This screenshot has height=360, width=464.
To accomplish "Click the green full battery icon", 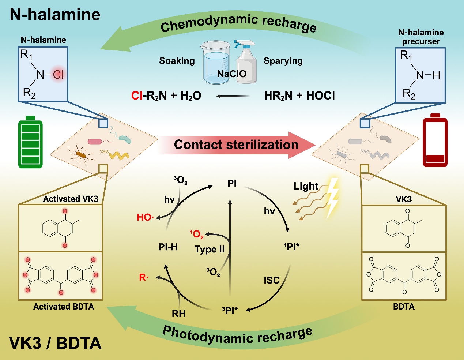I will (30, 142).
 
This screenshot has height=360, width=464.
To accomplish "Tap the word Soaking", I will (177, 61).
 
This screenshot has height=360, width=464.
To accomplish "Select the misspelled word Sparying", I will (283, 61).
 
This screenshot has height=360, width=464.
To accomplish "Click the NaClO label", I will (232, 74).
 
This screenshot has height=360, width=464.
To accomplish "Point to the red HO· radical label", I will (145, 217).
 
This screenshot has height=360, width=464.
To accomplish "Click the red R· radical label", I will (144, 277).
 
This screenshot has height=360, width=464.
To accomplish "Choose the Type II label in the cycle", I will (210, 250).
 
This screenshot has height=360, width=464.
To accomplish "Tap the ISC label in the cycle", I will (272, 280).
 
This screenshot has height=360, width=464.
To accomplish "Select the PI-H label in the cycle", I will (168, 247).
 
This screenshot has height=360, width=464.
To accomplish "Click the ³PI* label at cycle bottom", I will (230, 310).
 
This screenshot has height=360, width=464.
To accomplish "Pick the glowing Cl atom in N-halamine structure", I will (58, 75).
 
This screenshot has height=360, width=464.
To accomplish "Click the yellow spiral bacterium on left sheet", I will (119, 155).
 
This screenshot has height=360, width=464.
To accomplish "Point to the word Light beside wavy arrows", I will (306, 186).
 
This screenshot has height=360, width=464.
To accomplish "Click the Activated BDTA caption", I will (64, 307).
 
